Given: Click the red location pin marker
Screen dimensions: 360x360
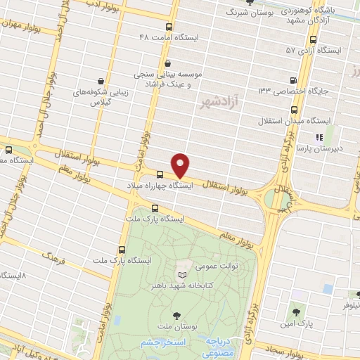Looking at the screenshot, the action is tap(181, 165).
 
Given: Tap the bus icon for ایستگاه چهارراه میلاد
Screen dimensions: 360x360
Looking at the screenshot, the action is tap(160, 174).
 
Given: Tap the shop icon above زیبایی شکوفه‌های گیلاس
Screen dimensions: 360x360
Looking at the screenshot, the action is tap(101, 80).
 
